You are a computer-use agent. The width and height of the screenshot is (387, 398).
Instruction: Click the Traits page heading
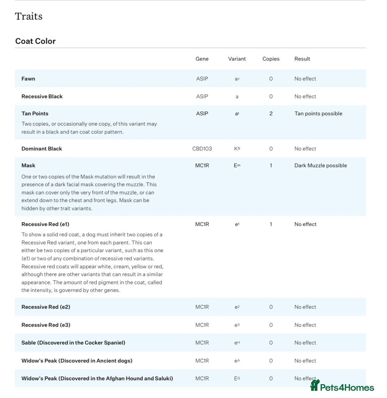pyautogui.click(x=29, y=16)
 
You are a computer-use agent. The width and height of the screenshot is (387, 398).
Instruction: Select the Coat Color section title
pyautogui.click(x=35, y=41)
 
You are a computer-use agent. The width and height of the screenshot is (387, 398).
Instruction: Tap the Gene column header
pyautogui.click(x=202, y=59)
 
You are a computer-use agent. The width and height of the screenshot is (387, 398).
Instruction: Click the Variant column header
pyautogui.click(x=237, y=59)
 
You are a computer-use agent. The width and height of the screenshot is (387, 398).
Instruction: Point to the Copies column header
pyautogui.click(x=271, y=59)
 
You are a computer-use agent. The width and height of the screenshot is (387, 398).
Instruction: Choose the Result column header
pyautogui.click(x=302, y=59)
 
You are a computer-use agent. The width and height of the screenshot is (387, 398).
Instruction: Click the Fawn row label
pyautogui.click(x=28, y=79)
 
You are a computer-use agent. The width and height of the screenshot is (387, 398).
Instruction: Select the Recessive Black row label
pyautogui.click(x=42, y=96)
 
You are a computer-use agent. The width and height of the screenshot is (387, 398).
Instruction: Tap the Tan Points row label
pyautogui.click(x=35, y=114)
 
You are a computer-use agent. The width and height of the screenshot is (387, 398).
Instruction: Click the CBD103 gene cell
pyautogui.click(x=202, y=149)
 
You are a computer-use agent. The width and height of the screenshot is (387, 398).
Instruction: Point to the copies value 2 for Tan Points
pyautogui.click(x=271, y=114)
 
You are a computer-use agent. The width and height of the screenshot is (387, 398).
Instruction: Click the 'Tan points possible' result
pyautogui.click(x=318, y=114)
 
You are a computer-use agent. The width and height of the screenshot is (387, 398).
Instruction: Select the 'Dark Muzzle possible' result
pyautogui.click(x=320, y=166)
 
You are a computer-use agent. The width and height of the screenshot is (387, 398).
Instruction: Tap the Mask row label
pyautogui.click(x=28, y=166)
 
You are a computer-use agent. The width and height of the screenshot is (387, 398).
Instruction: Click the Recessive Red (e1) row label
pyautogui.click(x=45, y=224)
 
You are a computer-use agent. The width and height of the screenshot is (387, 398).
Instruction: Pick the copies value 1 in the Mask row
pyautogui.click(x=271, y=166)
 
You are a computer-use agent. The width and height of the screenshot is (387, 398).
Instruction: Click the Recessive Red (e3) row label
pyautogui.click(x=46, y=325)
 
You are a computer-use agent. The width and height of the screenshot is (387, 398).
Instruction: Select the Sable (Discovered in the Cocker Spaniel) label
pyautogui.click(x=73, y=343)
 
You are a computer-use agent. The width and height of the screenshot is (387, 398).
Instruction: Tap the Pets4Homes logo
pyautogui.click(x=342, y=386)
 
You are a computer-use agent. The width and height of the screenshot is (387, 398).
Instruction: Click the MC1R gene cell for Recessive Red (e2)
pyautogui.click(x=202, y=307)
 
